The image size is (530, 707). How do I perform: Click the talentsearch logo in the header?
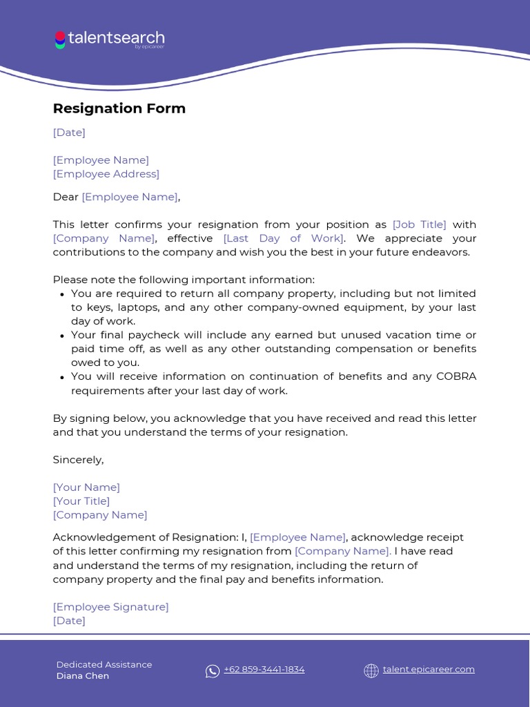pos(109,39)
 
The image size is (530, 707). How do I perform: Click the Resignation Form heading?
pos(119,108)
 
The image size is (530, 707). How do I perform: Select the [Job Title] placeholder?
pos(419,224)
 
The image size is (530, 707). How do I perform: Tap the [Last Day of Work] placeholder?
pos(283,238)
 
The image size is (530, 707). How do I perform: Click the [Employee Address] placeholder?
pos(106,174)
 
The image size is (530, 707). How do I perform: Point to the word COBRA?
pos(455,376)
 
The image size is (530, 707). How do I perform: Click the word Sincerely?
pos(78,460)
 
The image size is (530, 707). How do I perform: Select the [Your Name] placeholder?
pos(86,487)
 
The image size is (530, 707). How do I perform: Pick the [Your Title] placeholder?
pos(81,501)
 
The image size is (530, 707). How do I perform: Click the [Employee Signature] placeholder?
pos(110,607)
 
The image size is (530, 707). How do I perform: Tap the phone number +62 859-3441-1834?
pos(264,670)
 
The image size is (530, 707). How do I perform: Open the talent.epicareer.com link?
pos(429,670)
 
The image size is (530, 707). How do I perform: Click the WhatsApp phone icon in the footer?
pos(213,670)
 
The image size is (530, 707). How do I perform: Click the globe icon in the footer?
pos(371,670)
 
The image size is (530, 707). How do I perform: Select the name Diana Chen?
pos(83,676)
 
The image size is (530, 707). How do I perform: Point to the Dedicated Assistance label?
pos(104,664)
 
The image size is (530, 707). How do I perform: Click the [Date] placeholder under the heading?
pos(69,133)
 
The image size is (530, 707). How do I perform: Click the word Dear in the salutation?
pos(66,197)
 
